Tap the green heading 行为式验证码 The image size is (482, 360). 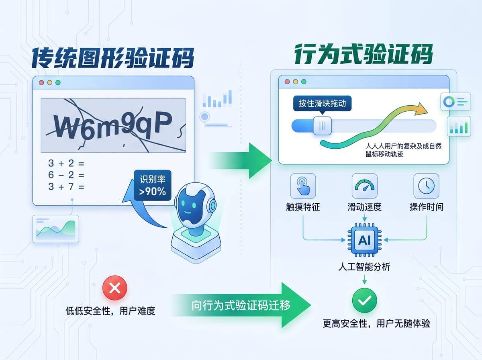pyautogui.click(x=364, y=55)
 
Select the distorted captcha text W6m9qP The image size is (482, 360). pyautogui.click(x=113, y=125)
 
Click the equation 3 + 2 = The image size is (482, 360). pyautogui.click(x=66, y=164)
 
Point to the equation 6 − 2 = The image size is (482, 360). pyautogui.click(x=66, y=175)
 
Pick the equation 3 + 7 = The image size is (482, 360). pyautogui.click(x=66, y=187)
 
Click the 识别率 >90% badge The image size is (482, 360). pyautogui.click(x=152, y=185)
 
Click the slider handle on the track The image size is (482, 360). pyautogui.click(x=323, y=125)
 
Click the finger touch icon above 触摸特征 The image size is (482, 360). pyautogui.click(x=303, y=186)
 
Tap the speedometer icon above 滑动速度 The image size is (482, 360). pyautogui.click(x=364, y=186)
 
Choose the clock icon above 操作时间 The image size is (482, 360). pyautogui.click(x=426, y=186)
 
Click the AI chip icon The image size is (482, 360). pyautogui.click(x=365, y=240)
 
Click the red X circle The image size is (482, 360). pyautogui.click(x=115, y=288)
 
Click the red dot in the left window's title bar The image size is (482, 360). pyautogui.click(x=41, y=83)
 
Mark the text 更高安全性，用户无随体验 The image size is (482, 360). pyautogui.click(x=376, y=323)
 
